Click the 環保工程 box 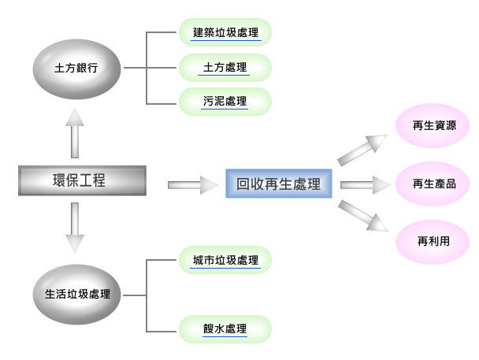click(82, 181)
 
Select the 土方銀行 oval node click(76, 68)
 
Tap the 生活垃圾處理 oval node click(76, 295)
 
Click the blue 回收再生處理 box click(279, 184)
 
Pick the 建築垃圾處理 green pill click(225, 33)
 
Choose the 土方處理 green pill click(225, 68)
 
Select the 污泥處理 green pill click(225, 102)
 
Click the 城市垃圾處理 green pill click(225, 260)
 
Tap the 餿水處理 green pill click(225, 328)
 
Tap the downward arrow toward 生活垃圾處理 click(76, 228)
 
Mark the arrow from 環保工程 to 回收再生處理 click(193, 185)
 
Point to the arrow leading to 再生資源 click(363, 149)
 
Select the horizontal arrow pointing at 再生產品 click(366, 185)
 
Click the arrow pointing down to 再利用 click(363, 216)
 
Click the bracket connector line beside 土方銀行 click(147, 68)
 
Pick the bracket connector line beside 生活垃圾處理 click(147, 295)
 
